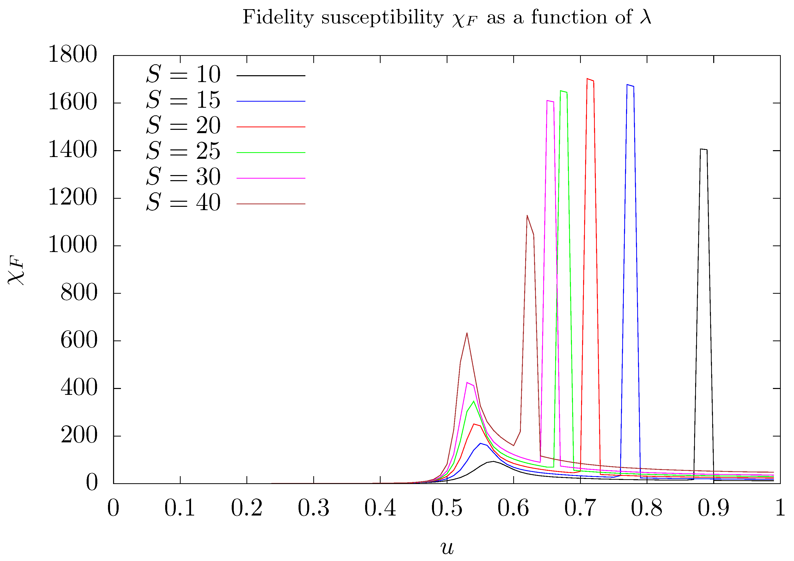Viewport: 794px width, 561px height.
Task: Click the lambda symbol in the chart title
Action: point(645,17)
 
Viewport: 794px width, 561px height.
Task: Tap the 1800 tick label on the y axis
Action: point(73,55)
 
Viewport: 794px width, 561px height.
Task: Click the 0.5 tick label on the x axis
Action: point(446,509)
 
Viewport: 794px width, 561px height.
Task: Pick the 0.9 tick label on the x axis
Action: point(713,509)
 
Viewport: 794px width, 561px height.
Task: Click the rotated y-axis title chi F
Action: point(16,270)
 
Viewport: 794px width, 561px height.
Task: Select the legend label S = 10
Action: point(183,74)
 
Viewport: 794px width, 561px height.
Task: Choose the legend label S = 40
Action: point(183,203)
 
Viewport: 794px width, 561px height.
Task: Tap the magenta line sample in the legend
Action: point(271,178)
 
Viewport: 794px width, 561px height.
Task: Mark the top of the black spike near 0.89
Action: point(703,149)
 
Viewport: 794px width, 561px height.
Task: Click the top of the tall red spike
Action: point(590,80)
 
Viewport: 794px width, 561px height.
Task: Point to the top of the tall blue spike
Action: point(630,85)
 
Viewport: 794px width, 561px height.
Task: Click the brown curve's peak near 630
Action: point(467,333)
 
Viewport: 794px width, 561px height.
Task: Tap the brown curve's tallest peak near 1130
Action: point(527,215)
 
